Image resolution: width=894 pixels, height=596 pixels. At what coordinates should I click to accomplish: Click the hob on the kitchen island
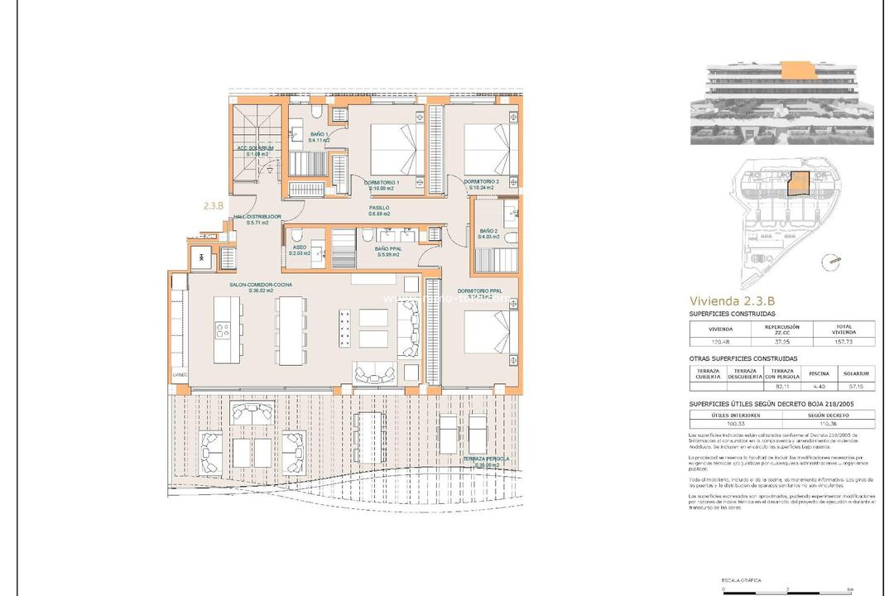click(x=222, y=330)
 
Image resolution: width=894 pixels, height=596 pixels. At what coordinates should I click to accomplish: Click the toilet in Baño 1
click(x=318, y=114)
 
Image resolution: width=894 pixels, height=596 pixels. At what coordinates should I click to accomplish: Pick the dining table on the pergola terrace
click(x=368, y=437)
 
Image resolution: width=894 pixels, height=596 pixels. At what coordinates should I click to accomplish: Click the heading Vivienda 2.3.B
click(x=733, y=301)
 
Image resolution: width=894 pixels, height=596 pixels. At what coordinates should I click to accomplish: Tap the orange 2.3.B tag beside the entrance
click(x=213, y=206)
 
